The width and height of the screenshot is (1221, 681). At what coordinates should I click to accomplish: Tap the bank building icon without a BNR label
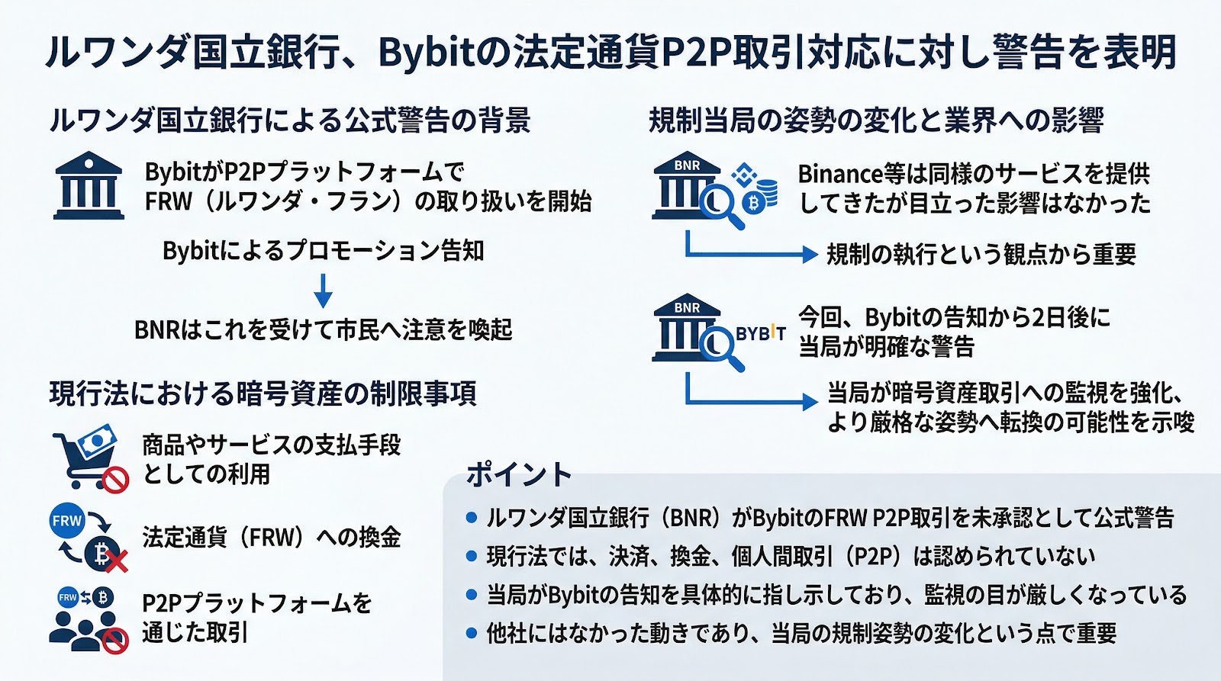[x=89, y=186]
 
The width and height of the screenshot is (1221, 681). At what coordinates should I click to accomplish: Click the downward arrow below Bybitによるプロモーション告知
[x=323, y=290]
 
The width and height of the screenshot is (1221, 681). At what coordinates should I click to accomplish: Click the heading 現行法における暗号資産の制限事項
[x=263, y=394]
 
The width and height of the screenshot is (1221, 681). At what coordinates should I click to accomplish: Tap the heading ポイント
[x=518, y=475]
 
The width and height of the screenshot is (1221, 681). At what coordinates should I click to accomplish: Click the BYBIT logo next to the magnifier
[x=760, y=333]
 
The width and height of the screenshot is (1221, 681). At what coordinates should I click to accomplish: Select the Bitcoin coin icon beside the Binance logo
[x=753, y=204]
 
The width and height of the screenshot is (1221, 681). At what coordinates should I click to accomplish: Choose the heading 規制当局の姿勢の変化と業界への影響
[x=876, y=120]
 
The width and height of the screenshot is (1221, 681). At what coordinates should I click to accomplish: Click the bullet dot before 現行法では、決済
[x=472, y=557]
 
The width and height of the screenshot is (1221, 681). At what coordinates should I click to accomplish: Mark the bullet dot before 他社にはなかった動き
[x=472, y=633]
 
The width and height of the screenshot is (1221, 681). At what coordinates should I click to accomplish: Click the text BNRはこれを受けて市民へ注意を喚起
[x=323, y=330]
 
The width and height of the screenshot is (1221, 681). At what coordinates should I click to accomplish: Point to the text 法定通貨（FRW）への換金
[x=271, y=537]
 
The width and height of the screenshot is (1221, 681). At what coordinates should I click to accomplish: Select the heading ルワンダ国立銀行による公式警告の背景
[x=290, y=120]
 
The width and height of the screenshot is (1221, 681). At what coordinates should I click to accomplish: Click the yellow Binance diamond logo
[x=743, y=176]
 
